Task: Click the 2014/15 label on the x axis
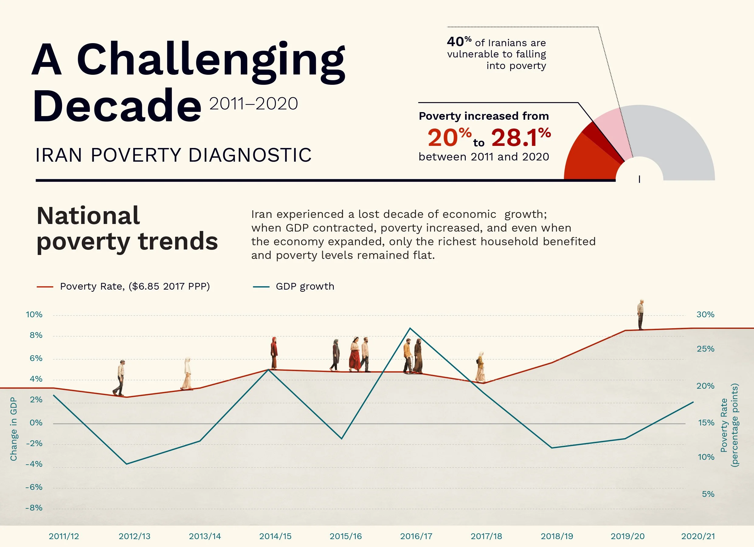click(x=275, y=536)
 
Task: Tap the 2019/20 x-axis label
click(x=627, y=536)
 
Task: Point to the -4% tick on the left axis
click(x=34, y=464)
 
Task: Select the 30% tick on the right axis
click(x=705, y=315)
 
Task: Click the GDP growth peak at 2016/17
click(x=410, y=328)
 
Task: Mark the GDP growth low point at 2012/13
click(x=127, y=464)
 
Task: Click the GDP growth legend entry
click(x=305, y=287)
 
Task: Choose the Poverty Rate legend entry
click(x=135, y=287)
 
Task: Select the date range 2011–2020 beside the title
click(x=253, y=104)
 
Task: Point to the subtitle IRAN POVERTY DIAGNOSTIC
click(x=174, y=155)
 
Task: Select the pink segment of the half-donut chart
click(x=613, y=133)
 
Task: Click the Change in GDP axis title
click(x=13, y=429)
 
